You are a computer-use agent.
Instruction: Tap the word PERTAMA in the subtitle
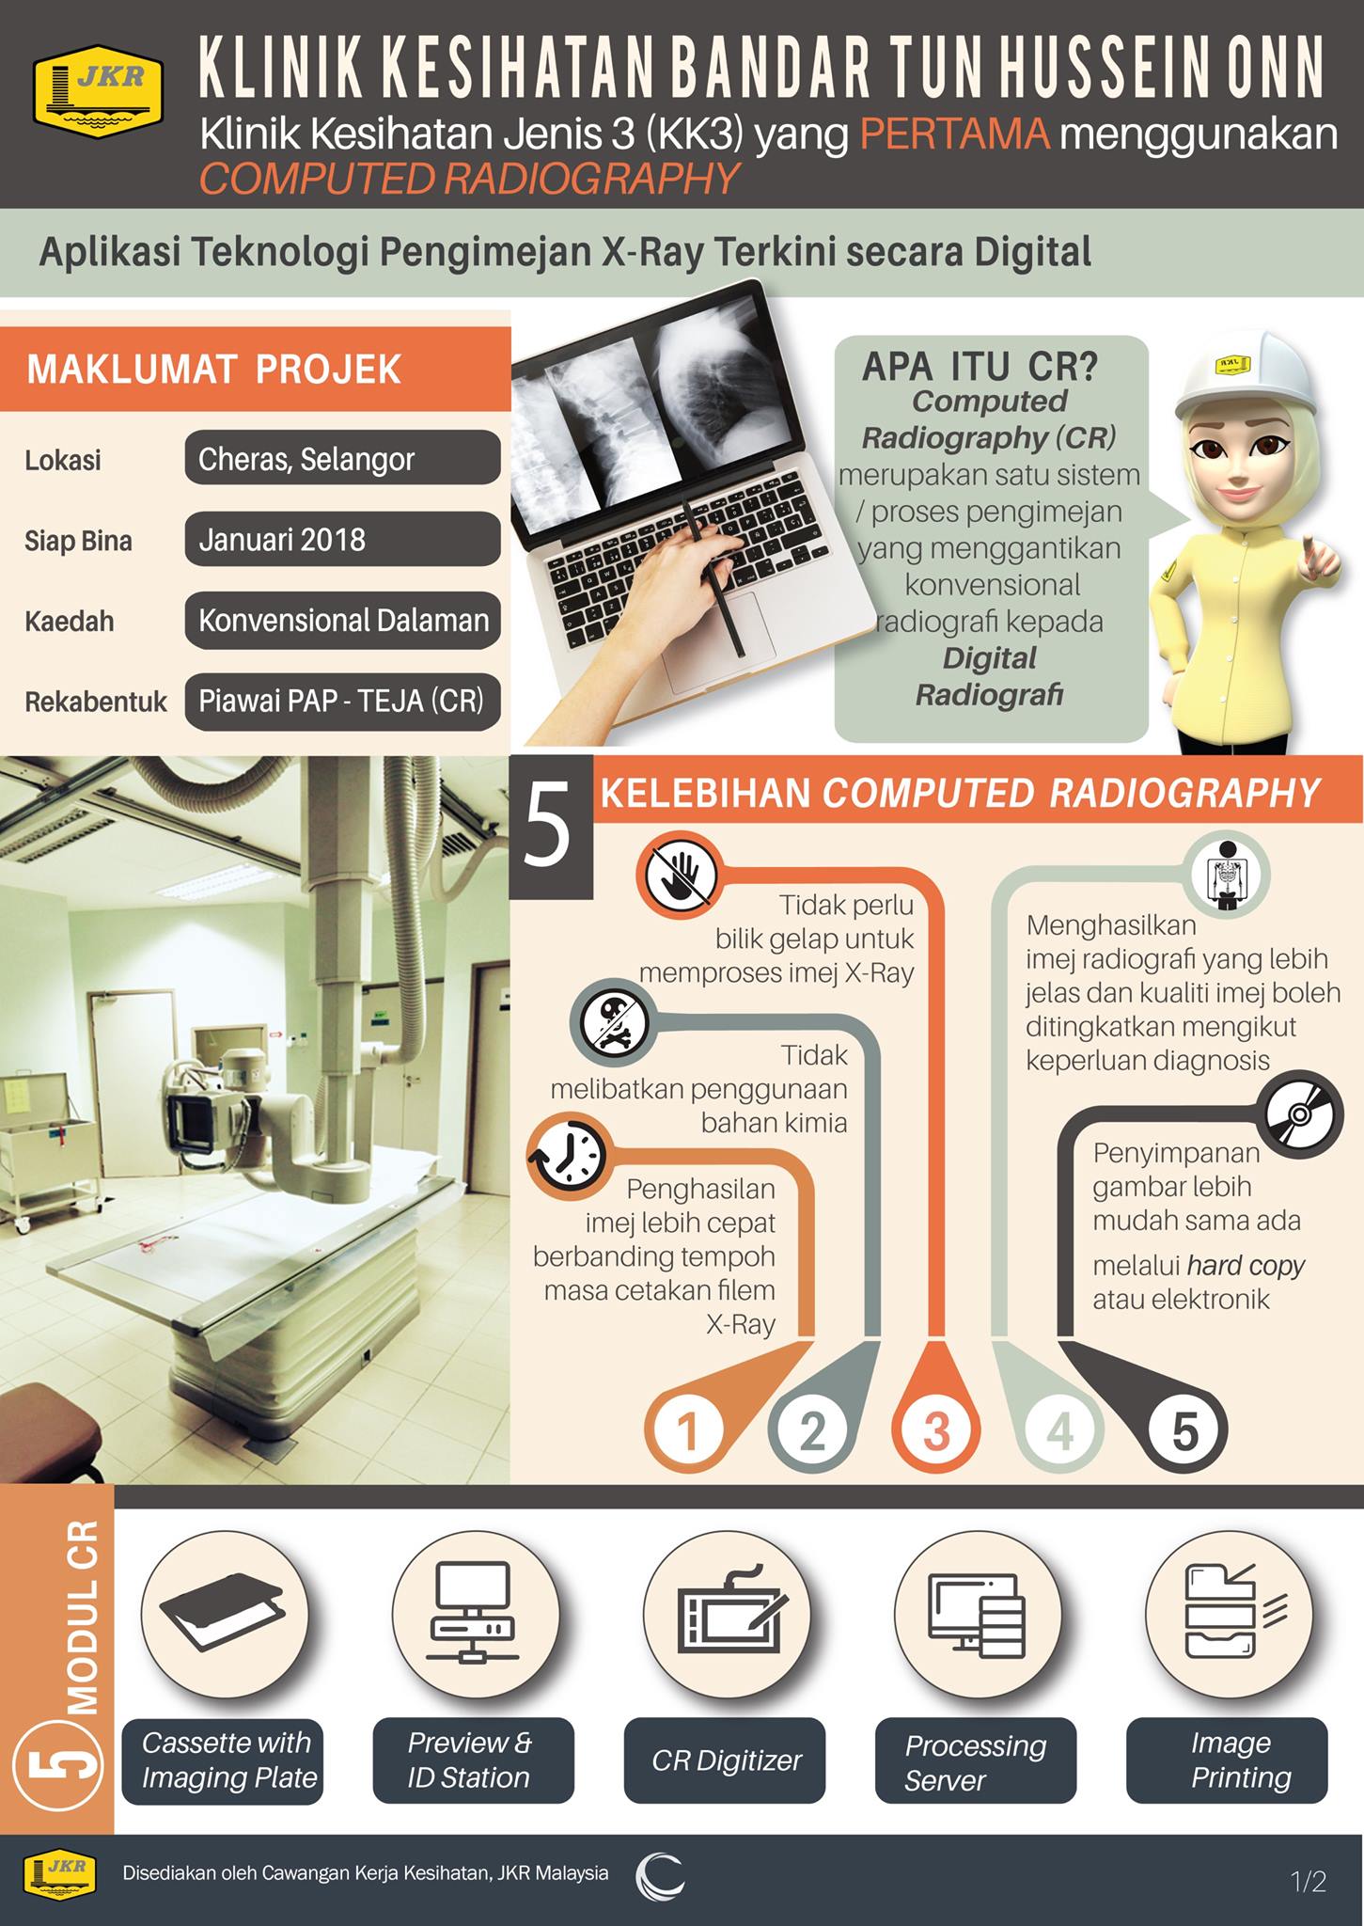click(954, 134)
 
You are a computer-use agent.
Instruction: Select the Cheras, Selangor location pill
click(342, 458)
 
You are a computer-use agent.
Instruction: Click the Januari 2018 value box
click(342, 539)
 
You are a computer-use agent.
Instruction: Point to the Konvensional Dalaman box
click(342, 620)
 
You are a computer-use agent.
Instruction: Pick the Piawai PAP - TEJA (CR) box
click(342, 702)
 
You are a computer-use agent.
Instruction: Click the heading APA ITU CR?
click(980, 366)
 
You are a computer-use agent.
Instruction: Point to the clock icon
click(568, 1157)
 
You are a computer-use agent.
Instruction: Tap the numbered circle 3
click(936, 1430)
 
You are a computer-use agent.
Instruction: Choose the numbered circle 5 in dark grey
click(1185, 1430)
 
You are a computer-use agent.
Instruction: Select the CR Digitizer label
click(725, 1760)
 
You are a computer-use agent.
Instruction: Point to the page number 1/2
click(1309, 1882)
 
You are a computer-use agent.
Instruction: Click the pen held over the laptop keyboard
click(714, 577)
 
